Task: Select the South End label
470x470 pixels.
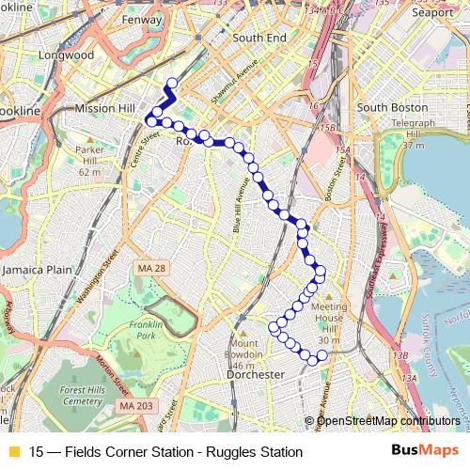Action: (258, 38)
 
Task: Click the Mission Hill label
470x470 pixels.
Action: (105, 108)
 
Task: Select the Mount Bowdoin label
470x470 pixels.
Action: (244, 349)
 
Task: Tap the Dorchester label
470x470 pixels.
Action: (256, 374)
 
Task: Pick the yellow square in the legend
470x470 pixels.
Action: (13, 452)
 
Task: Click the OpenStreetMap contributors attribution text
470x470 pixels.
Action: (388, 421)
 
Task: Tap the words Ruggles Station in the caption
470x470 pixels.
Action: (253, 452)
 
